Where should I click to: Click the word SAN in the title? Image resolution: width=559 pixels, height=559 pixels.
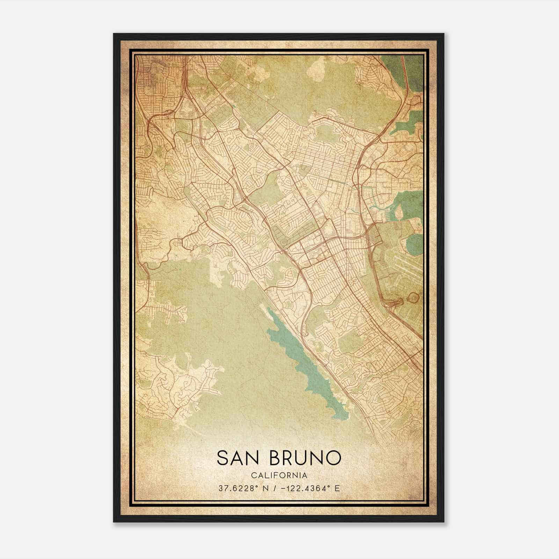click(x=240, y=458)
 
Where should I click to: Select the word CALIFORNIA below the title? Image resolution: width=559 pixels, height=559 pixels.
click(x=278, y=475)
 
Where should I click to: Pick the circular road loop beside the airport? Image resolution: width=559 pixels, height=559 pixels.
click(x=413, y=298)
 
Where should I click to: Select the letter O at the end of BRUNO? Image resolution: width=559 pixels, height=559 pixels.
click(x=332, y=458)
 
